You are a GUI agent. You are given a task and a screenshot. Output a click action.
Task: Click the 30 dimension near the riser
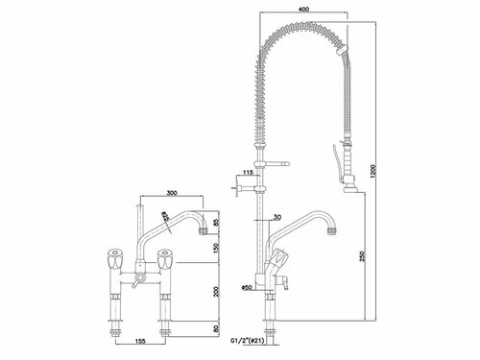(x=276, y=215)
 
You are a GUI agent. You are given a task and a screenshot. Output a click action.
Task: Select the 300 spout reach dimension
(x=176, y=191)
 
